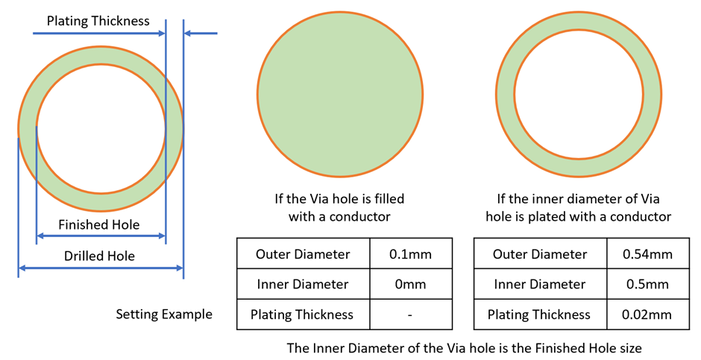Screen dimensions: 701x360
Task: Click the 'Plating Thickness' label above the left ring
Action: pyautogui.click(x=98, y=21)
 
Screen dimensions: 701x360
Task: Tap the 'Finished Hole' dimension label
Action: pyautogui.click(x=98, y=224)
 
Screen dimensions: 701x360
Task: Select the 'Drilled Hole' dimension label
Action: pyautogui.click(x=99, y=256)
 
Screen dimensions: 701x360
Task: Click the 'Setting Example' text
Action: pyautogui.click(x=164, y=314)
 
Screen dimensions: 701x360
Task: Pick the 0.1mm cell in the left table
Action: pyautogui.click(x=411, y=254)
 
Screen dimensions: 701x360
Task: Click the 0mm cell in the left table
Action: pyautogui.click(x=411, y=284)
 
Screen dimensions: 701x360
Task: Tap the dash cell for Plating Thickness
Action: pyautogui.click(x=411, y=315)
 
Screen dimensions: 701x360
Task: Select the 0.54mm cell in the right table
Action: pyautogui.click(x=648, y=254)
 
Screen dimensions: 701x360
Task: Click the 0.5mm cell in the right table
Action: pyautogui.click(x=648, y=284)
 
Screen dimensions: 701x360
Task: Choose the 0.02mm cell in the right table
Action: pyautogui.click(x=648, y=315)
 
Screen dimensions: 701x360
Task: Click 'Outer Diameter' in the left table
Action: pyautogui.click(x=303, y=254)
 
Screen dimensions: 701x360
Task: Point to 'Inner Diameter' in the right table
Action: pyautogui.click(x=540, y=284)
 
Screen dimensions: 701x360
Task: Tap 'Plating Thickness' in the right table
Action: pyautogui.click(x=539, y=315)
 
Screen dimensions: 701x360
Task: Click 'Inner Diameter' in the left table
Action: pyautogui.click(x=303, y=284)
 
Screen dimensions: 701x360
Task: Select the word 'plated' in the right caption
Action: pyautogui.click(x=579, y=217)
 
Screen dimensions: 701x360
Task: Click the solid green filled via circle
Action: pyautogui.click(x=340, y=94)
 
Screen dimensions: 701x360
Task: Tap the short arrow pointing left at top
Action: pyautogui.click(x=201, y=33)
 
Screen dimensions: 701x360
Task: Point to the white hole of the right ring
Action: pyautogui.click(x=579, y=94)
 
